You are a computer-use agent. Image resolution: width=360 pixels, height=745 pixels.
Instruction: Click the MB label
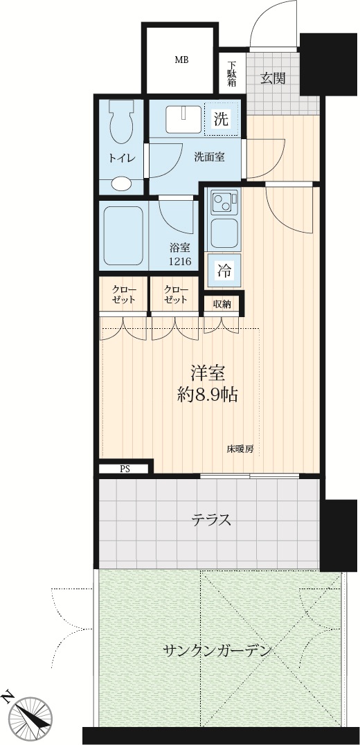coord(181,60)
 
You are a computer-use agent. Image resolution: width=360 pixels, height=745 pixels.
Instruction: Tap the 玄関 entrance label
coord(273,78)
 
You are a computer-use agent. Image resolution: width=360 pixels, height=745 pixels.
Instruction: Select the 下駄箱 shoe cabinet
coord(232,73)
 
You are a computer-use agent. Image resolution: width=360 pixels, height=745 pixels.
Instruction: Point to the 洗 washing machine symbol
coord(221,120)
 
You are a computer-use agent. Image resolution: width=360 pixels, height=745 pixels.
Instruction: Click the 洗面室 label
coord(210,158)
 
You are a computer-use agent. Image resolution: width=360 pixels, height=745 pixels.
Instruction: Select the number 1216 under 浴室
coord(180,261)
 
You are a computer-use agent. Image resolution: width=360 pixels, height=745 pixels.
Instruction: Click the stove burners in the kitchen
coord(224,202)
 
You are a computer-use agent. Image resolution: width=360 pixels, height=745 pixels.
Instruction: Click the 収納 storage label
coord(222,304)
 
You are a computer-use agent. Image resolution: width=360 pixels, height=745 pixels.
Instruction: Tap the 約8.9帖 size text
coord(208,395)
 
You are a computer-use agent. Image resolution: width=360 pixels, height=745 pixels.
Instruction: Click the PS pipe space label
coord(125,468)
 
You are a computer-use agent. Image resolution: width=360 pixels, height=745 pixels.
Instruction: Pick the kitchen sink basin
coord(224,233)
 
